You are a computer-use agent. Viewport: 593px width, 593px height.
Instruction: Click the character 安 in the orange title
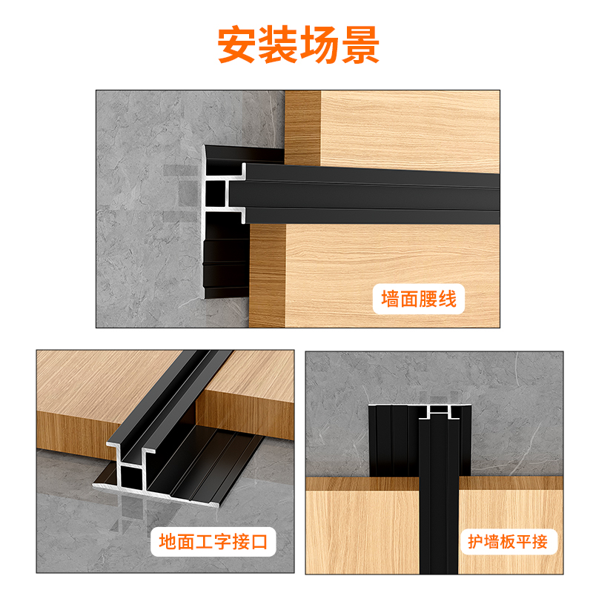pyautogui.click(x=236, y=44)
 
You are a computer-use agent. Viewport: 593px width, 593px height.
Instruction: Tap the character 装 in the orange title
pyautogui.click(x=278, y=44)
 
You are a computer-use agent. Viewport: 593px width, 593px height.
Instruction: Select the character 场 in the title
pyautogui.click(x=319, y=44)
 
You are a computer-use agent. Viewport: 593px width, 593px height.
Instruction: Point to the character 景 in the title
pyautogui.click(x=360, y=44)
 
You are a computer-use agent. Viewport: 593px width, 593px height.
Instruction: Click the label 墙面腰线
pyautogui.click(x=419, y=299)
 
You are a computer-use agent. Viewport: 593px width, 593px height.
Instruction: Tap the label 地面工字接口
pyautogui.click(x=213, y=542)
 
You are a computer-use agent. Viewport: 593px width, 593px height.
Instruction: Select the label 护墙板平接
pyautogui.click(x=508, y=542)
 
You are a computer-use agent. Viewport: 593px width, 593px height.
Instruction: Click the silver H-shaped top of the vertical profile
pyautogui.click(x=439, y=412)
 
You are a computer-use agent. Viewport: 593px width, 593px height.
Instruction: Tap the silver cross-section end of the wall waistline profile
pyautogui.click(x=223, y=193)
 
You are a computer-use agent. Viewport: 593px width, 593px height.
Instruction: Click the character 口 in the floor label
pyautogui.click(x=259, y=542)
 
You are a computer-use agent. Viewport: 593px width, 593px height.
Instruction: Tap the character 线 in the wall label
pyautogui.click(x=448, y=299)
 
